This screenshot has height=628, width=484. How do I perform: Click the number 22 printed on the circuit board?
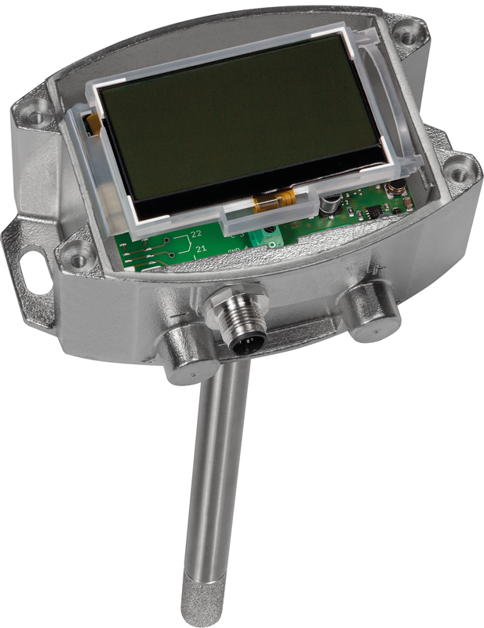point(197,235)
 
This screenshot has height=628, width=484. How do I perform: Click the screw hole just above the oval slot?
point(78,253)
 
